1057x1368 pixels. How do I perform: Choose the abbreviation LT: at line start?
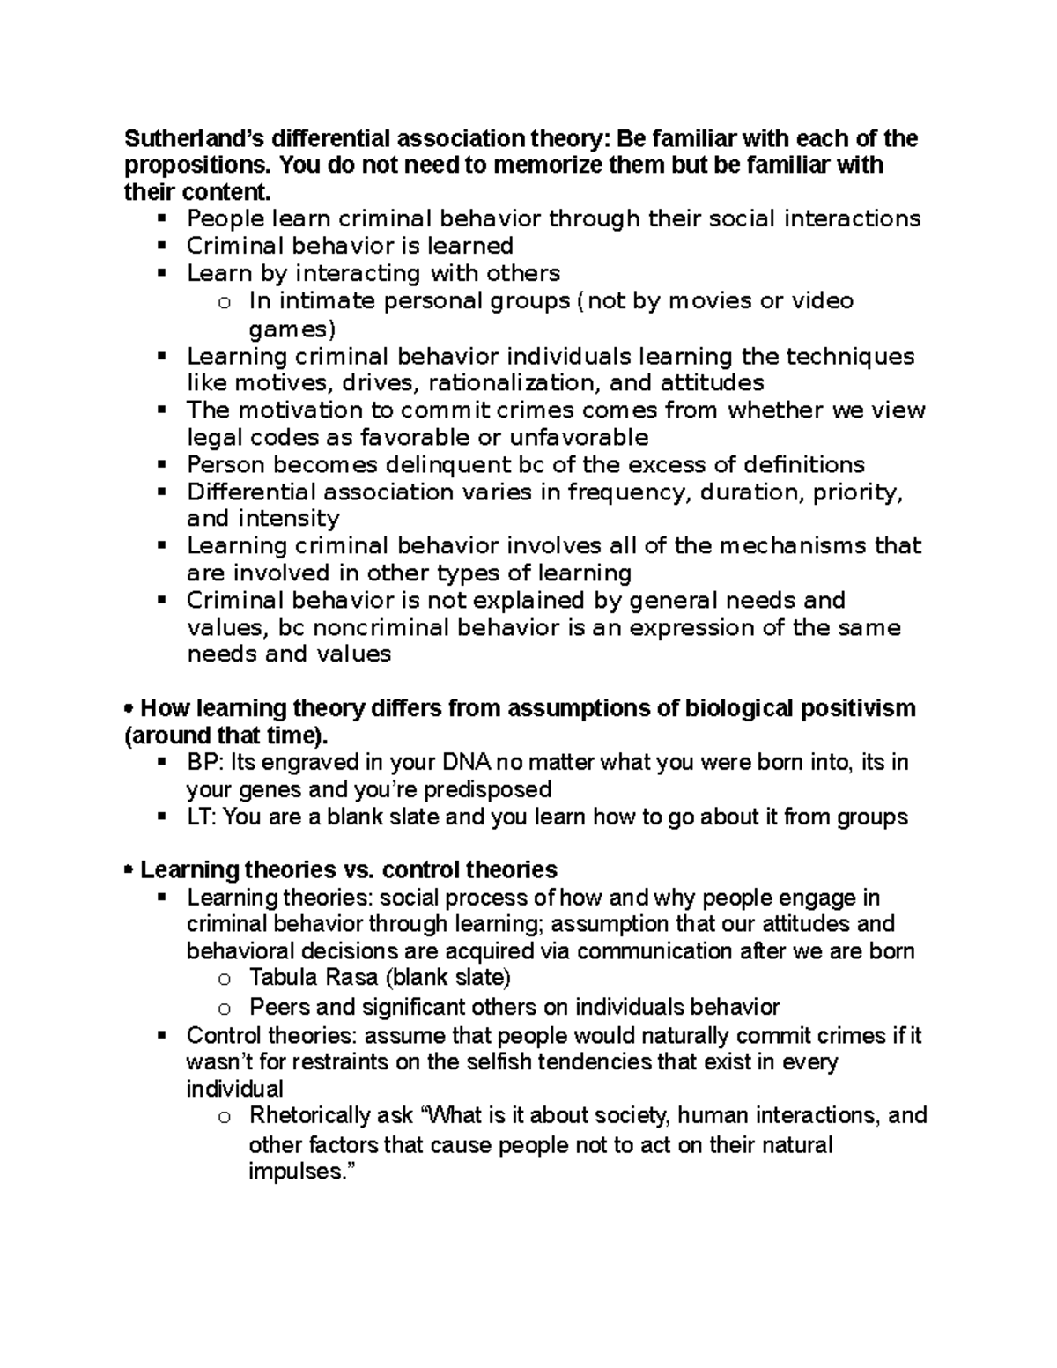(202, 817)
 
